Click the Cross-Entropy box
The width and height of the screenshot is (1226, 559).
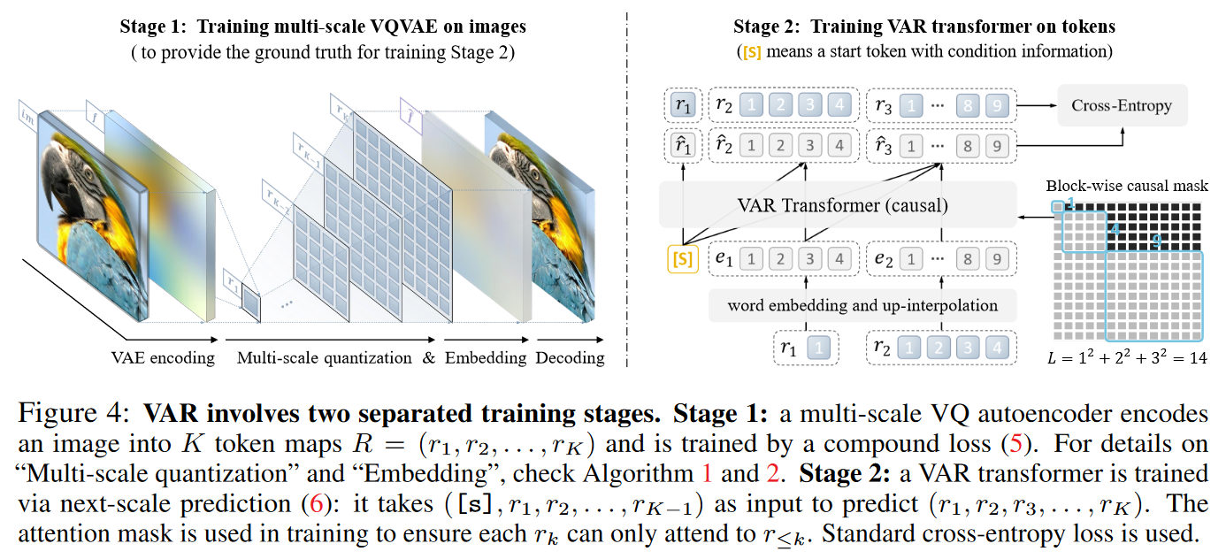pyautogui.click(x=1122, y=106)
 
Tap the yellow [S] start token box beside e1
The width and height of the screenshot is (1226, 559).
pyautogui.click(x=683, y=259)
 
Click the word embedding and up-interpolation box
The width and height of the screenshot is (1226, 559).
pyautogui.click(x=862, y=306)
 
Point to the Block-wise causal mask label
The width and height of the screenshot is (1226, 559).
pyautogui.click(x=1126, y=186)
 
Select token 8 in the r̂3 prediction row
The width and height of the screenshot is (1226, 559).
pyautogui.click(x=967, y=144)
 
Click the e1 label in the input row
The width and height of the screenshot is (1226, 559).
pyautogui.click(x=724, y=258)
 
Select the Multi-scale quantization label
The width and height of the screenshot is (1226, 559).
pyautogui.click(x=325, y=357)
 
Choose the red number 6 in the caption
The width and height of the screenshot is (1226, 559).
pyautogui.click(x=314, y=504)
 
